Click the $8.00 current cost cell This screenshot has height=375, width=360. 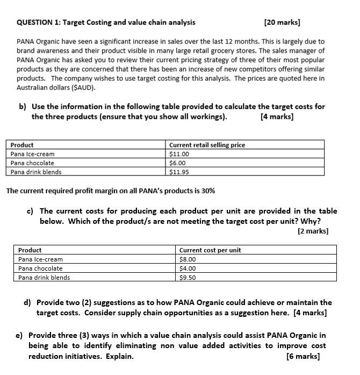click(187, 259)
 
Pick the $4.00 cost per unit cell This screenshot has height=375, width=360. click(187, 268)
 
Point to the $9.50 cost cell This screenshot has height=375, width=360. click(187, 278)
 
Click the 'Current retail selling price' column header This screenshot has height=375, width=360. click(207, 145)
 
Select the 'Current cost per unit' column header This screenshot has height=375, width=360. click(210, 250)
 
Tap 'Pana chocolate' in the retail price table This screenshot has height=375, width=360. click(32, 163)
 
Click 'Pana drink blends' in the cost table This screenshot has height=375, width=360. click(44, 278)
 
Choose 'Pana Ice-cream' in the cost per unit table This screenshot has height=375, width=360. click(40, 259)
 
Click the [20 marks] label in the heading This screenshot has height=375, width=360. click(282, 23)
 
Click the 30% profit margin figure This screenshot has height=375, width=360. click(208, 191)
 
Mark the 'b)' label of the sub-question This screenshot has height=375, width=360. click(23, 106)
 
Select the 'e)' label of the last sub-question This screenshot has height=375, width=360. click(19, 335)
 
